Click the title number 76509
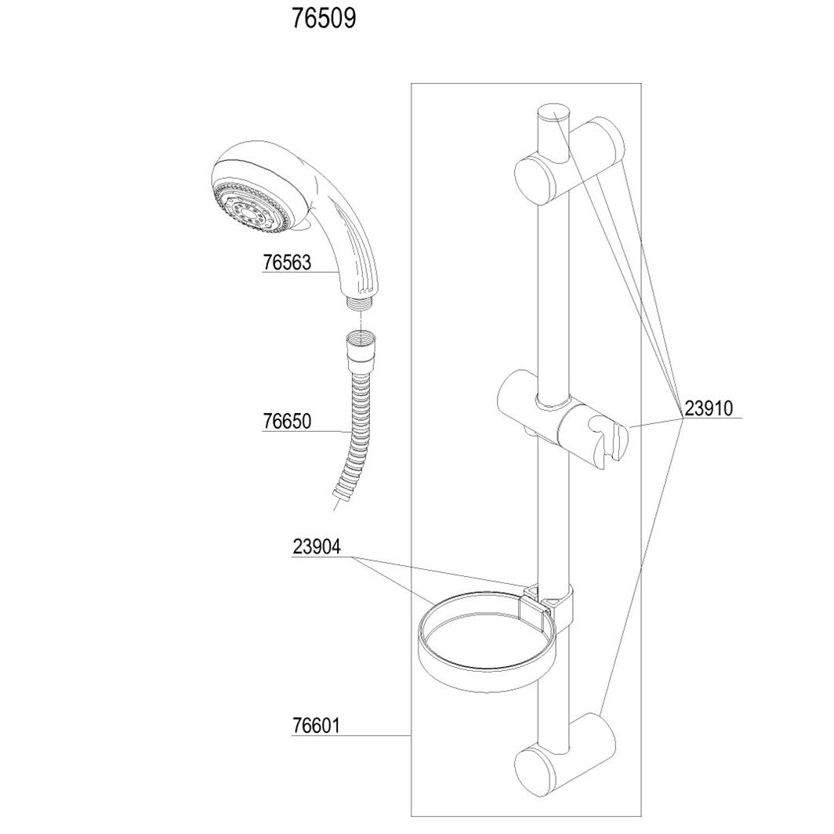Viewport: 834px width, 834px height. coord(324,20)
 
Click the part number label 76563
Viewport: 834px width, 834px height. coord(286,263)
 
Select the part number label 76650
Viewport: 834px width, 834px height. coord(286,422)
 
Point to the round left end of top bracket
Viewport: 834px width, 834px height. coord(533,176)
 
